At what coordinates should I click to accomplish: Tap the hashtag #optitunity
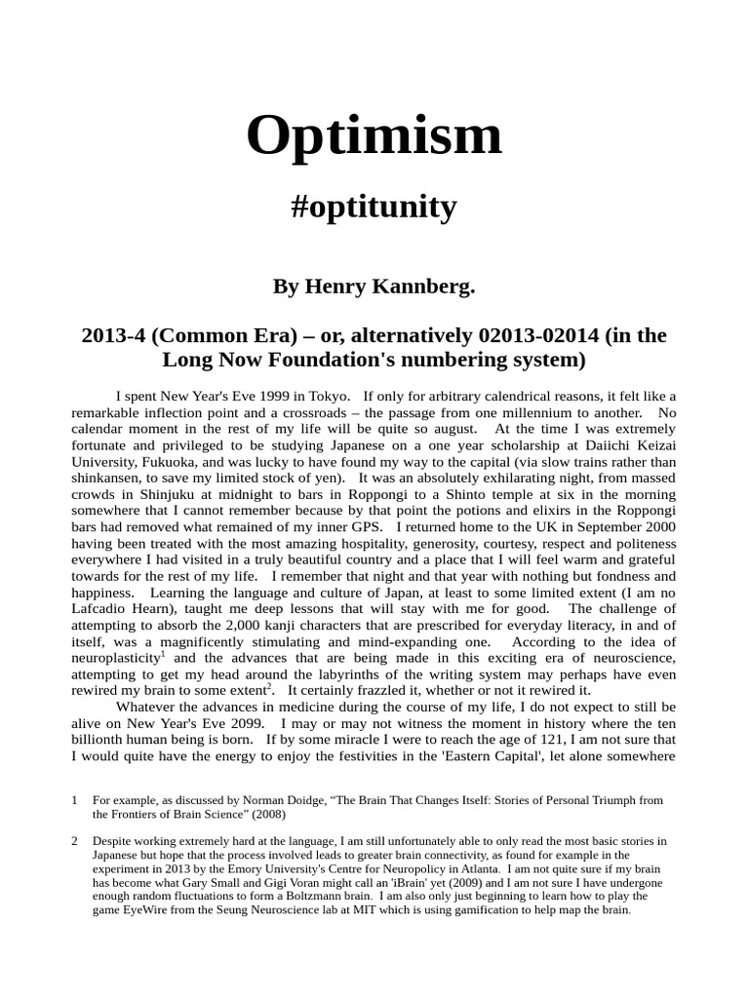click(374, 207)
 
